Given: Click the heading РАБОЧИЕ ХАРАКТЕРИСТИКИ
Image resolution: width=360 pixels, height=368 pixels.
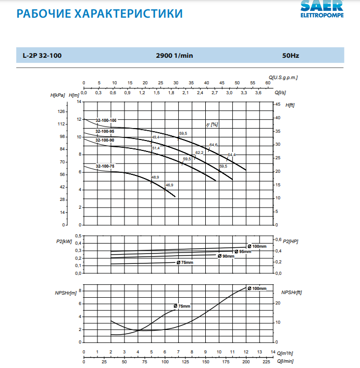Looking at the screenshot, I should [x=100, y=13].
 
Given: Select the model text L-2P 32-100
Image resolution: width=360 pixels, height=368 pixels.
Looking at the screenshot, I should [x=43, y=55].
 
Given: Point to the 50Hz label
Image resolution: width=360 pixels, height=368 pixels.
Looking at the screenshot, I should [x=291, y=55].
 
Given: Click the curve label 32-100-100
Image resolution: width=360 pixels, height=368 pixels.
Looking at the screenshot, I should [x=106, y=120].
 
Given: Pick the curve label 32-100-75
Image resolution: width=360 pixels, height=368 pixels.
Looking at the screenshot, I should [x=105, y=166].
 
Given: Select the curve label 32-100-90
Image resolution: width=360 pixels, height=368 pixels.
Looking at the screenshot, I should [x=105, y=141].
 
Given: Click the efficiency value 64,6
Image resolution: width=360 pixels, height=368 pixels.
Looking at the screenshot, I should [x=214, y=145].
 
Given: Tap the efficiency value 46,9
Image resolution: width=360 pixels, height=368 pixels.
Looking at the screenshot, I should [x=169, y=185].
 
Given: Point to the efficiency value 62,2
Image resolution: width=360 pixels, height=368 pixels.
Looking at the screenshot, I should [x=200, y=153].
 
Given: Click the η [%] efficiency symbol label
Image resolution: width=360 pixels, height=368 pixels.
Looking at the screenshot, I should [x=212, y=125].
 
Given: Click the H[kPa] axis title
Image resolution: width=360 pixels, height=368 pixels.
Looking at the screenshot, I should [x=58, y=95].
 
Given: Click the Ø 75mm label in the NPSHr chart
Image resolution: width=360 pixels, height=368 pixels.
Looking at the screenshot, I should [x=182, y=306].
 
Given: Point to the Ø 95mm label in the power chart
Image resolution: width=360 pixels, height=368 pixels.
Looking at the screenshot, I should [x=242, y=251].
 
